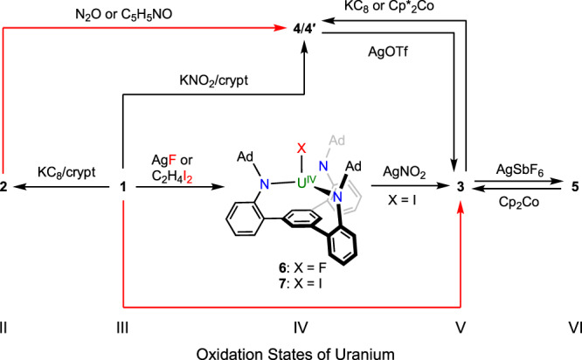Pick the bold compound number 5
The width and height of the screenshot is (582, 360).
click(574, 187)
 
